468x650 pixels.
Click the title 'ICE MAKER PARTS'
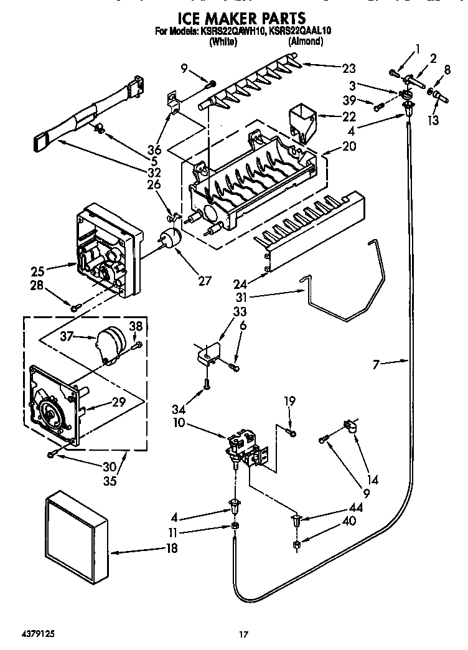point(234,18)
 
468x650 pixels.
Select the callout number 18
point(171,548)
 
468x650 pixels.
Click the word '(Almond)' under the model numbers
point(305,41)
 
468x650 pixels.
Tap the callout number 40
point(349,520)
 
